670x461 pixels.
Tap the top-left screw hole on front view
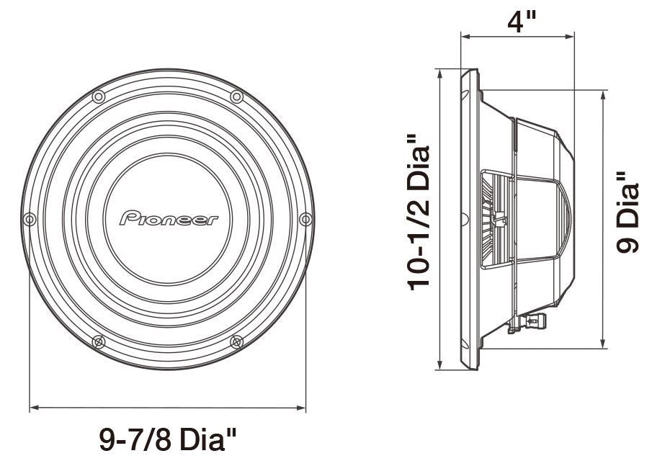[99, 97]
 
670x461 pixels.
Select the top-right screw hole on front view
[236, 97]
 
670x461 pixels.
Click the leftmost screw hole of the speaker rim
[29, 218]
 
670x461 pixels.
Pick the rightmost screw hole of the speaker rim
[305, 218]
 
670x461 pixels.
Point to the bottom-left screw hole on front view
[99, 341]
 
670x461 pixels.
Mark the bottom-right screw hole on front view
[236, 341]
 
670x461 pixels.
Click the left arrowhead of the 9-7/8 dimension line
[34, 408]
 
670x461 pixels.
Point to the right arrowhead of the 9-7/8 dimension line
[302, 408]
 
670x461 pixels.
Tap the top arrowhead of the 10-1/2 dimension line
[439, 73]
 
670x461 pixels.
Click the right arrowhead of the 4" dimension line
[570, 35]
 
